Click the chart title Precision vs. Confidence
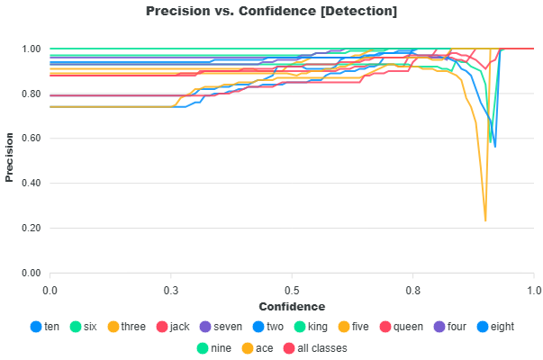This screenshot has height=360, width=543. (271, 11)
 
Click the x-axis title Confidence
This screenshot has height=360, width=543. (292, 306)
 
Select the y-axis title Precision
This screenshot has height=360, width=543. (10, 160)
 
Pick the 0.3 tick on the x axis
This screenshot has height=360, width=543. (171, 291)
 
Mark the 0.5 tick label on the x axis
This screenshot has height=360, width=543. (292, 291)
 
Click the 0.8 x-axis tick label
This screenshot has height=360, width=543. (413, 291)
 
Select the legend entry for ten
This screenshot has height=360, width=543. (45, 327)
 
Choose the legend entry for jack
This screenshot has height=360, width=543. (171, 327)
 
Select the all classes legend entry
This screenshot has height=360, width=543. (315, 346)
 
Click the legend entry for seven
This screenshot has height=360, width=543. (220, 327)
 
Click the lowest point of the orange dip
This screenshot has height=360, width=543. (485, 220)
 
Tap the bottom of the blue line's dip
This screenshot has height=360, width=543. (494, 147)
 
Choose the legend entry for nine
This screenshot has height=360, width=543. (213, 346)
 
